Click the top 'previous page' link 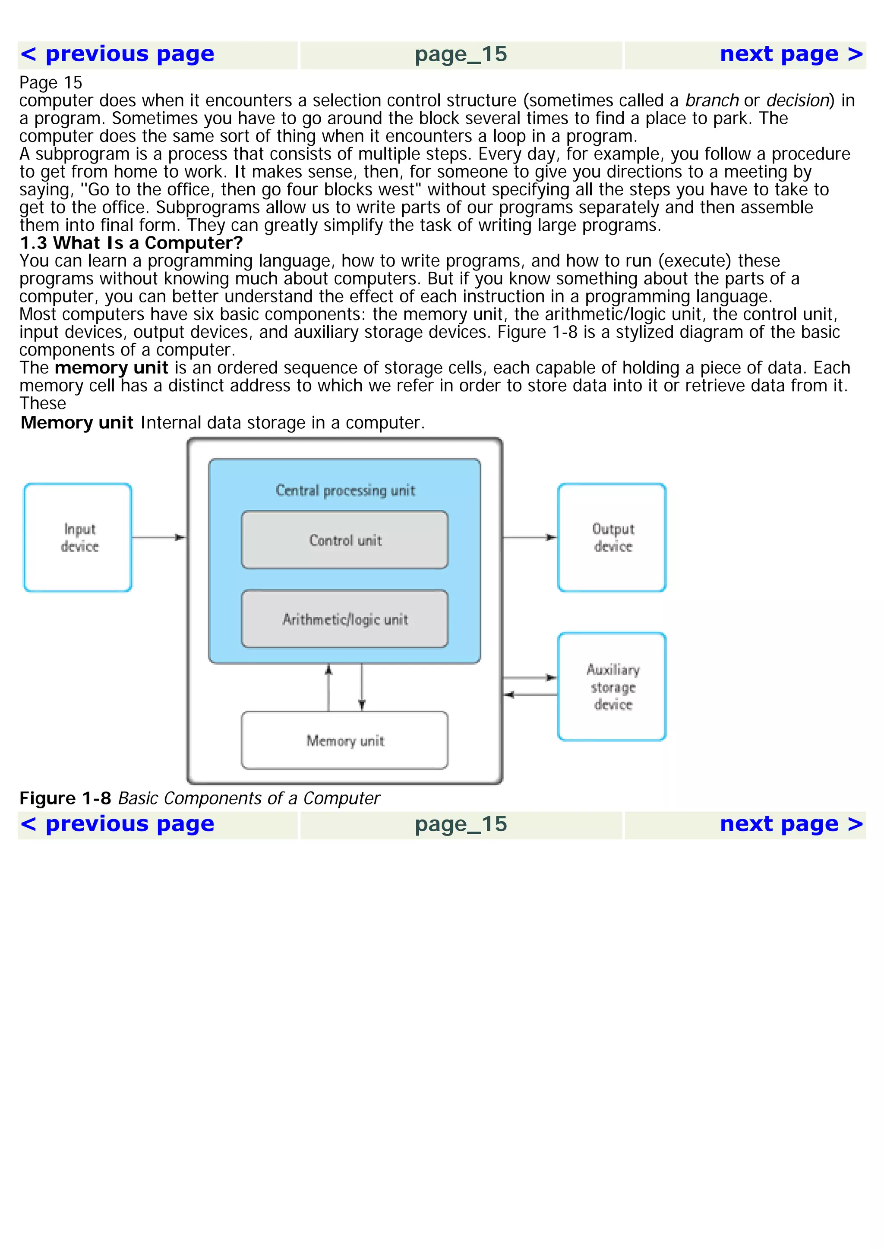pyautogui.click(x=117, y=54)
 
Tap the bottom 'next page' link pyautogui.click(x=791, y=824)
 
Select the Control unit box pyautogui.click(x=345, y=540)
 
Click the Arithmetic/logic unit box pyautogui.click(x=345, y=619)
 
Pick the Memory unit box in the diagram pyautogui.click(x=345, y=741)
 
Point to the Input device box pyautogui.click(x=78, y=537)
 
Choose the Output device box pyautogui.click(x=612, y=537)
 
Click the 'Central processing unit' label pyautogui.click(x=345, y=490)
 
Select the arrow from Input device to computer pyautogui.click(x=158, y=537)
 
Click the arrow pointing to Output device pyautogui.click(x=530, y=537)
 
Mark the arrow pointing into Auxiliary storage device pyautogui.click(x=530, y=678)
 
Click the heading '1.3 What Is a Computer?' pyautogui.click(x=131, y=243)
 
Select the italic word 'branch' pyautogui.click(x=711, y=101)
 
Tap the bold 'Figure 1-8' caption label pyautogui.click(x=65, y=798)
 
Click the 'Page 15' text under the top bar pyautogui.click(x=51, y=83)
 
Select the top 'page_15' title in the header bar pyautogui.click(x=461, y=54)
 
